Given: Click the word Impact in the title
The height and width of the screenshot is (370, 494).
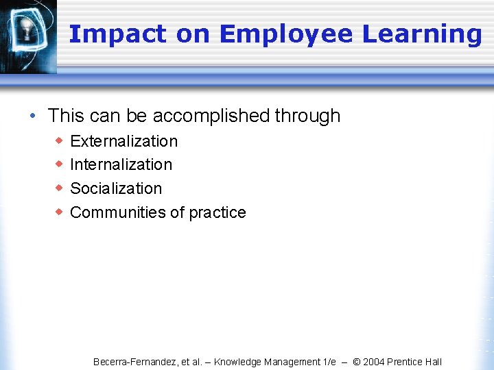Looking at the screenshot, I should [x=117, y=34].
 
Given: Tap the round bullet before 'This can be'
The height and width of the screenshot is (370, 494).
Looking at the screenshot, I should [x=34, y=116].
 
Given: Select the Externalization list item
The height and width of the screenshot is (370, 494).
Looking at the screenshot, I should [x=123, y=141].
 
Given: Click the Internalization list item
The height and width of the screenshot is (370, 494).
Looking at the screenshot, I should [x=121, y=164].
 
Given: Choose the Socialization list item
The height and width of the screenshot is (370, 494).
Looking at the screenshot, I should [x=116, y=188].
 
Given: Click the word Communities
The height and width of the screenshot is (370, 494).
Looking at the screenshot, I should [x=117, y=212].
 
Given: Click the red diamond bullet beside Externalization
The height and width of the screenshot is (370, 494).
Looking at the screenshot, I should [x=59, y=141].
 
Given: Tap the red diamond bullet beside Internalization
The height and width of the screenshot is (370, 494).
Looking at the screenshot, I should [x=59, y=164].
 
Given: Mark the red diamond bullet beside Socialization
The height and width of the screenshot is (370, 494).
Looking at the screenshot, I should [x=59, y=188].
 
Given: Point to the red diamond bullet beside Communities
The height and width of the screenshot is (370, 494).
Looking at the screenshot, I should [x=59, y=212].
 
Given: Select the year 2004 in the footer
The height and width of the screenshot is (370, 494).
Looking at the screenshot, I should [x=375, y=362].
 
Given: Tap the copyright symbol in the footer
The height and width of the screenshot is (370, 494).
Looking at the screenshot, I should [x=357, y=362].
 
